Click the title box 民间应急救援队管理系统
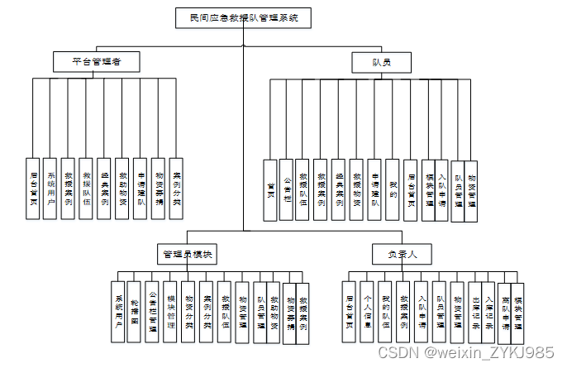242,16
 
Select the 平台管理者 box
93,61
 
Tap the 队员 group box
381,61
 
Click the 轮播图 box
136,311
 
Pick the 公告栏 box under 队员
287,189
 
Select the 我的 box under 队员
393,189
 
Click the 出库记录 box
475,311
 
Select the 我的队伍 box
386,311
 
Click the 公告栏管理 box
153,311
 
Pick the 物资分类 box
189,311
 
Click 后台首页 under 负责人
350,311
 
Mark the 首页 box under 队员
269,189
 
